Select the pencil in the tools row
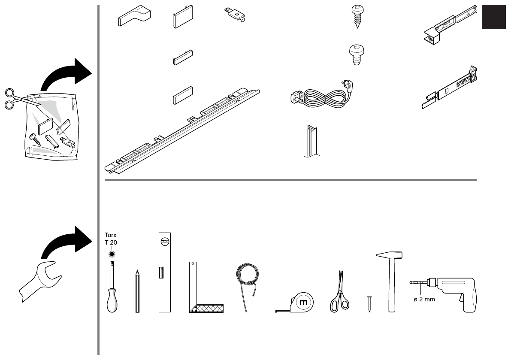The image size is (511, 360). pyautogui.click(x=137, y=292)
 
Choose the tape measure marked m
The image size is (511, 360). pyautogui.click(x=301, y=302)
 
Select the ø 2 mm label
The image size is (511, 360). pyautogui.click(x=424, y=299)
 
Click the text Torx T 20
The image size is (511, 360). pyautogui.click(x=111, y=238)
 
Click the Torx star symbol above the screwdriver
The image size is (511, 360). pyautogui.click(x=112, y=254)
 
